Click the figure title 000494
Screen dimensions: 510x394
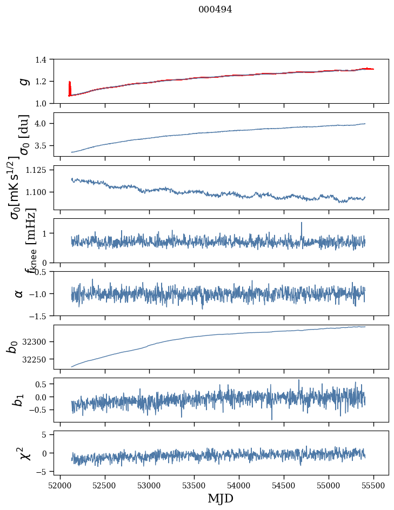(x=215, y=10)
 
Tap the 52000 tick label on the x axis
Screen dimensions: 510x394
(x=60, y=485)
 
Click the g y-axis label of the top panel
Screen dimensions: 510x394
(x=23, y=81)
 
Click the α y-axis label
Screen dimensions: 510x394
(x=19, y=293)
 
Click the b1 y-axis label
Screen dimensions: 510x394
(x=18, y=400)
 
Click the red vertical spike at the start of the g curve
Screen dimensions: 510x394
(x=70, y=86)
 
